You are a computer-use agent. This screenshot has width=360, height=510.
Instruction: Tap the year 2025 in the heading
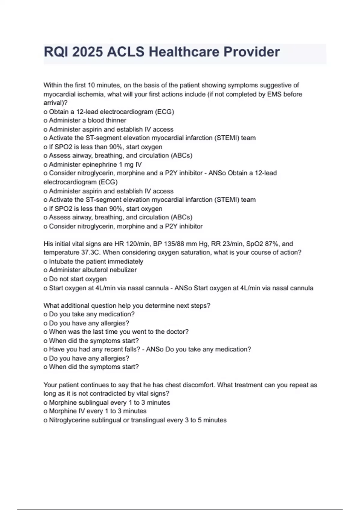point(87,52)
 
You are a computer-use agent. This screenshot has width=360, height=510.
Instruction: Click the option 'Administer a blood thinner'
point(87,120)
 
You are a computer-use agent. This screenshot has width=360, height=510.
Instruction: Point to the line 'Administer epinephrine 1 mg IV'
point(95,164)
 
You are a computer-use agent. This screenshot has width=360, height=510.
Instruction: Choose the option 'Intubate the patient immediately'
point(96,261)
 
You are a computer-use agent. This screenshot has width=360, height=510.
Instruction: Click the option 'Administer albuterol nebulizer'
point(93,270)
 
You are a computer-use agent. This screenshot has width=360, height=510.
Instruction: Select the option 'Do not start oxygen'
point(78,279)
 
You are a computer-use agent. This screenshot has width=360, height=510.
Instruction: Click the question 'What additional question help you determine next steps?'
point(127,305)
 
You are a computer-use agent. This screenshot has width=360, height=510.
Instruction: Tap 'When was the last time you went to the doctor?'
point(118,332)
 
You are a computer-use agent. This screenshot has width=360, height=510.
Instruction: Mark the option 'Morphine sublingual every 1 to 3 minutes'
point(109,403)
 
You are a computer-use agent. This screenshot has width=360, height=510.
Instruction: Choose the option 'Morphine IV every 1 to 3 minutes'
point(97,411)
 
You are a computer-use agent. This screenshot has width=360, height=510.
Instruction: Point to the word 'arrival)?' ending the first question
point(55,103)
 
